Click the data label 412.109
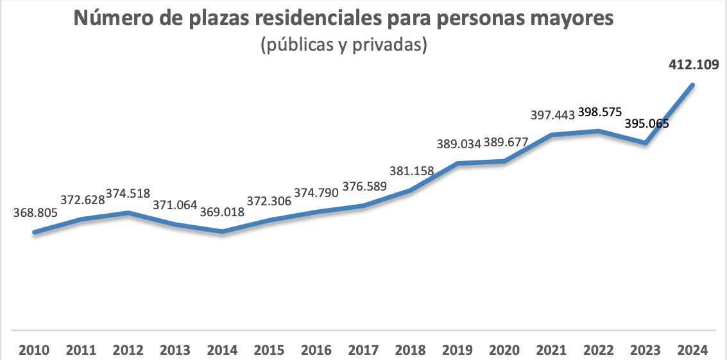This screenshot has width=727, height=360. (693, 64)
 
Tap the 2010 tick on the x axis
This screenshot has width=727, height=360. (34, 350)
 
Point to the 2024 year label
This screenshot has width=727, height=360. (693, 350)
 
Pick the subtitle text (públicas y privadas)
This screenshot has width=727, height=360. (344, 46)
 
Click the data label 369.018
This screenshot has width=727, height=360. (222, 212)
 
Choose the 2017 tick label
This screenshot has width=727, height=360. (363, 350)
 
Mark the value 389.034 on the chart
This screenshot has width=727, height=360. (458, 144)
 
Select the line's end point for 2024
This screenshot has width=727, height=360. (693, 85)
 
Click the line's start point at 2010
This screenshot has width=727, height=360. (34, 232)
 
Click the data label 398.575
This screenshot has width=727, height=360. (599, 112)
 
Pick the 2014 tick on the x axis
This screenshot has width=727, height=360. (222, 350)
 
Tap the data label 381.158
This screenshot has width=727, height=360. (411, 171)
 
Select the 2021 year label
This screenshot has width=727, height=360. (552, 350)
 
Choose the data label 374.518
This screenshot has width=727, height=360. (128, 193)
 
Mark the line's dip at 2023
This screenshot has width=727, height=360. (646, 142)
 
